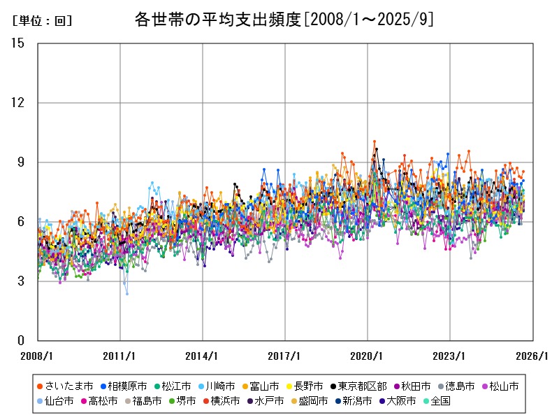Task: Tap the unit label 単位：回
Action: coord(43,21)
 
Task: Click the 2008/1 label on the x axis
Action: coord(37,356)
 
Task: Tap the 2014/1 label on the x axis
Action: coord(203,356)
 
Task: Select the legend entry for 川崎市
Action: coord(221,386)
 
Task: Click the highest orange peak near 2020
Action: coord(375,141)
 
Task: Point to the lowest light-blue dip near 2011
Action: coord(127,293)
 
